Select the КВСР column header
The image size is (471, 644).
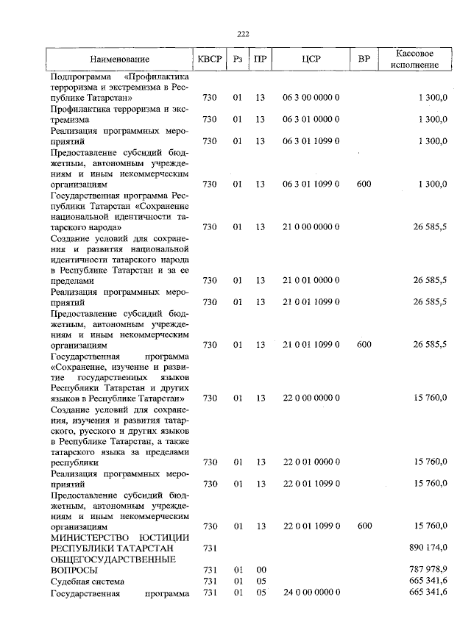(209, 59)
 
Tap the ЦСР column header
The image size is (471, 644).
(311, 59)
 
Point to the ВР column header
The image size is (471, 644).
(364, 59)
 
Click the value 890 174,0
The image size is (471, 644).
(428, 548)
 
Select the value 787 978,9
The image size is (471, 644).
(428, 570)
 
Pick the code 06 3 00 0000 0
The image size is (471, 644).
(311, 98)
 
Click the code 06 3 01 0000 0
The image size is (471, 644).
(311, 119)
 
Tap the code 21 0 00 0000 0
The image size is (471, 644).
(311, 227)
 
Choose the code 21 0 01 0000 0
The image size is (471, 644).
(311, 281)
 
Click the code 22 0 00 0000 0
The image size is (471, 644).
(311, 398)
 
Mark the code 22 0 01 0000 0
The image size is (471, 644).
(311, 462)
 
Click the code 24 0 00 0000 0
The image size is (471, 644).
(311, 592)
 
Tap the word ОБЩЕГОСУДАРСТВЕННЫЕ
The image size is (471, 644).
(112, 559)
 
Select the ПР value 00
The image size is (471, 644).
(260, 570)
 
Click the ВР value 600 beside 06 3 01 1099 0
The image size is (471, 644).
(364, 184)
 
